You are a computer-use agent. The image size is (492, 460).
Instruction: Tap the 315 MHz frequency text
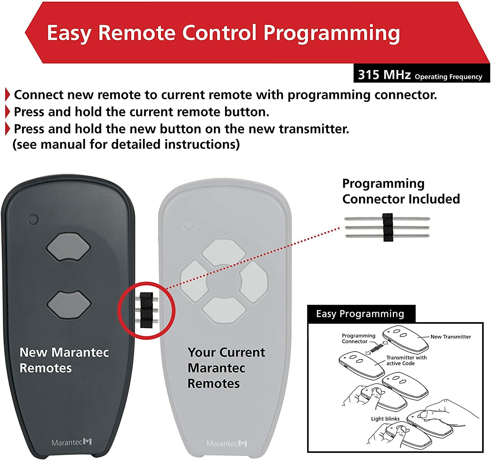(x=384, y=75)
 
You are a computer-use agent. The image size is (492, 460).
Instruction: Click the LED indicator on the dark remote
(x=33, y=219)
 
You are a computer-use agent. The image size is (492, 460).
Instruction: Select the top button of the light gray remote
(x=223, y=252)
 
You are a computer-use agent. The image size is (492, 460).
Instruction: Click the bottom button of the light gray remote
(x=224, y=310)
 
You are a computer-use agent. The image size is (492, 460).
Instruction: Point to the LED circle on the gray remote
(x=189, y=224)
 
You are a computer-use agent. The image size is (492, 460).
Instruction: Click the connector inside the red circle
(x=146, y=310)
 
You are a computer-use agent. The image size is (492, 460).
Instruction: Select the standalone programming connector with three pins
(x=387, y=227)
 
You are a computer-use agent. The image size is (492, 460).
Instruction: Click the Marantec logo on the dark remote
(x=72, y=442)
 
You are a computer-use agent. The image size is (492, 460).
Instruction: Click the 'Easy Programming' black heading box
(x=360, y=314)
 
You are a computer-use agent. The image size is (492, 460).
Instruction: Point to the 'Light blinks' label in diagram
(x=385, y=419)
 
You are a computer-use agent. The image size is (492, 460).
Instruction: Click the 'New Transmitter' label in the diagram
(x=450, y=337)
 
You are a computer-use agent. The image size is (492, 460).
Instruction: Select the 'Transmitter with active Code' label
(x=406, y=360)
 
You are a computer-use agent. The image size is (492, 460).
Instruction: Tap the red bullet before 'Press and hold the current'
(x=8, y=112)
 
